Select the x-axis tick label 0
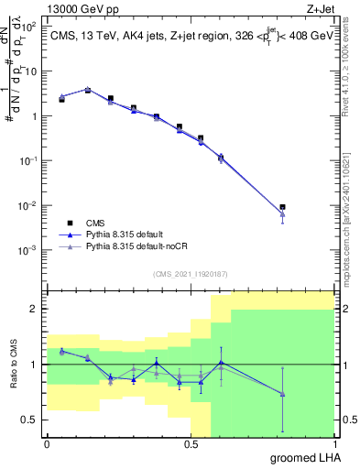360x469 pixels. click(x=47, y=442)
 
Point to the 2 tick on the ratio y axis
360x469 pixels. click(x=35, y=310)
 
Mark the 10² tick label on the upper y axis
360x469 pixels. click(x=29, y=27)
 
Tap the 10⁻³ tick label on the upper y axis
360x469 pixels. click(x=29, y=250)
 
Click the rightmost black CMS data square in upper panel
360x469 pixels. click(x=283, y=207)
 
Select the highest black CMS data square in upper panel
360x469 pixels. click(x=88, y=90)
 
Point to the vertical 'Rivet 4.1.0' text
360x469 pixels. click(x=351, y=69)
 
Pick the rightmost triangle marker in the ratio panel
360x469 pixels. click(x=283, y=394)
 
